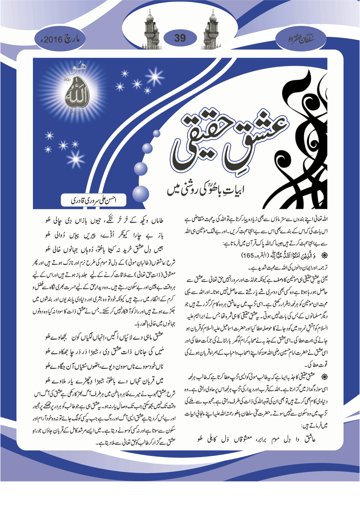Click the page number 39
pyautogui.click(x=180, y=38)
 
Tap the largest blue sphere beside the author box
pyautogui.click(x=140, y=194)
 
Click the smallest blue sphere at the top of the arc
pyautogui.click(x=157, y=133)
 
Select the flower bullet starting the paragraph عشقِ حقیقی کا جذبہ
pyautogui.click(x=324, y=376)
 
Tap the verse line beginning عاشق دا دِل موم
pyautogui.click(x=256, y=439)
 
